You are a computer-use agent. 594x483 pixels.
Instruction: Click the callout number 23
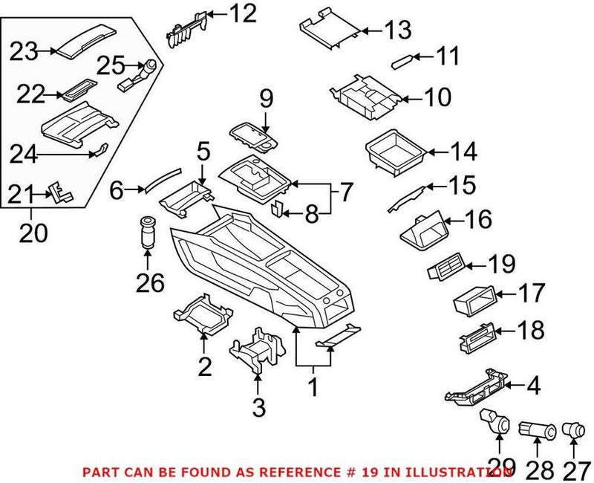[x=24, y=52]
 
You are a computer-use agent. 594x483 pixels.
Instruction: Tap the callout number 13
[x=397, y=30]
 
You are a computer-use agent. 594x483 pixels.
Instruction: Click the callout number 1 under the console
[x=313, y=386]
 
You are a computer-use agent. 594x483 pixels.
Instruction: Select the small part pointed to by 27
[x=572, y=429]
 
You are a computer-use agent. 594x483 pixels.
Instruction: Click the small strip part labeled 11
[x=405, y=59]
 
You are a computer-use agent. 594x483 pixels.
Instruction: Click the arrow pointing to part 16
[x=454, y=219]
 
